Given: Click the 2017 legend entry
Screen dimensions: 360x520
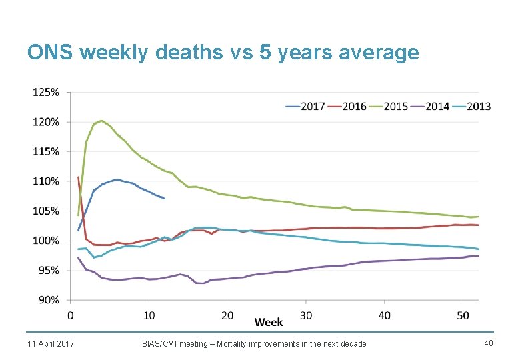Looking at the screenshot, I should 305,106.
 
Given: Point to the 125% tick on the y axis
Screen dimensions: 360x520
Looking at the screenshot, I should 46,92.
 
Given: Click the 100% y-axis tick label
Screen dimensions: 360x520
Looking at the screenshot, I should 46,241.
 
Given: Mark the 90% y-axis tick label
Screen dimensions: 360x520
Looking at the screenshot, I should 48,300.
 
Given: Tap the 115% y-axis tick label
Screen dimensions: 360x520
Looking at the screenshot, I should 46,151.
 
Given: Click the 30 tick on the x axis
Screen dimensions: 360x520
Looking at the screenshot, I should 306,314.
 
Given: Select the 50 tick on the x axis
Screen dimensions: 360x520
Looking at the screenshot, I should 463,314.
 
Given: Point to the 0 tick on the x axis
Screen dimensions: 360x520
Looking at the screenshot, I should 71,314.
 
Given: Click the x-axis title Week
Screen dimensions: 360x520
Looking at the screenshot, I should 269,322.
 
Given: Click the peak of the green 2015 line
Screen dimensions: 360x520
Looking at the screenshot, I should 101,121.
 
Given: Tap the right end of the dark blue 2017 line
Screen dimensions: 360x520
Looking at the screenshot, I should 164,199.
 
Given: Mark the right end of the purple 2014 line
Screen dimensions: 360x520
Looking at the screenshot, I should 478,256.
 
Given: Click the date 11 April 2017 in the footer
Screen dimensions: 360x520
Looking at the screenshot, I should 51,343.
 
